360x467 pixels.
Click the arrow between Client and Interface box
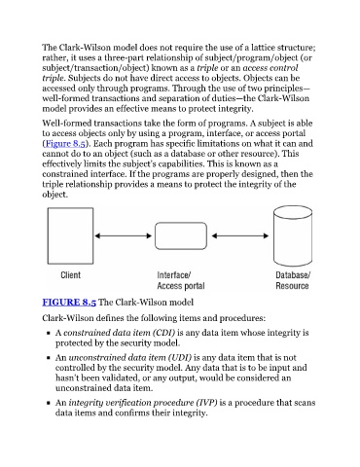point(124,235)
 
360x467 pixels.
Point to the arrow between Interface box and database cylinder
point(240,235)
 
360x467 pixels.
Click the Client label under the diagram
point(70,275)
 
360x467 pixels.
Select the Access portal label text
point(181,286)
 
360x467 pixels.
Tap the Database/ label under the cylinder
point(293,275)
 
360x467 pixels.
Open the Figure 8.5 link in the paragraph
point(65,143)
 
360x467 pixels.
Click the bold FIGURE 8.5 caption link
point(69,302)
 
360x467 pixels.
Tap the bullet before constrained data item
point(49,333)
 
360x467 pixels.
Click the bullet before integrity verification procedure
point(49,403)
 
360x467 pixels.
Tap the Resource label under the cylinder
point(292,286)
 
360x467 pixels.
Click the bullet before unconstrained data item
point(49,358)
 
